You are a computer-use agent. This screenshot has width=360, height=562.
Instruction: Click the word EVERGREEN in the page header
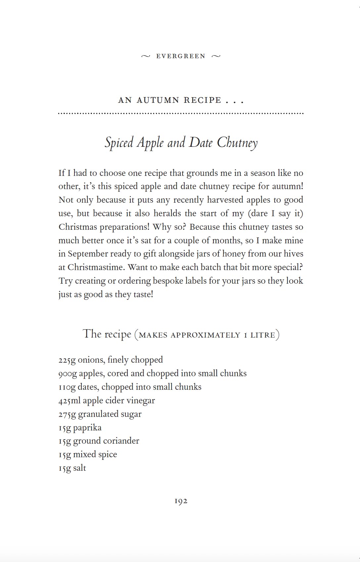(x=181, y=56)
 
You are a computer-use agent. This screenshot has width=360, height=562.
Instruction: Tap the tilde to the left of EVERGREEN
(x=146, y=56)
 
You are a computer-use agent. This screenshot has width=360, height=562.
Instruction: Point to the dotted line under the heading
(x=181, y=113)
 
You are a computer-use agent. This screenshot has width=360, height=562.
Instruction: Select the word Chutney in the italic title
(x=237, y=143)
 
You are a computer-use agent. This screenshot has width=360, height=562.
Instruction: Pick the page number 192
(x=181, y=501)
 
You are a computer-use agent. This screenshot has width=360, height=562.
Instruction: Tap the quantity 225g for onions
(x=67, y=360)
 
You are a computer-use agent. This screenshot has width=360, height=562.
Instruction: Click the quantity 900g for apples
(x=67, y=374)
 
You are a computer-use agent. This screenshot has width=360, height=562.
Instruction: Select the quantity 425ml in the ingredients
(x=69, y=401)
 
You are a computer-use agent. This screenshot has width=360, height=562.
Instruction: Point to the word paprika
(x=87, y=428)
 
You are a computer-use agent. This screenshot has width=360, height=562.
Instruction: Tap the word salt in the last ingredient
(x=79, y=468)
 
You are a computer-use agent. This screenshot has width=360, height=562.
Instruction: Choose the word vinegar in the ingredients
(x=142, y=401)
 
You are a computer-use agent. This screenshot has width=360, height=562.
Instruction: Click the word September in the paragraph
(x=88, y=254)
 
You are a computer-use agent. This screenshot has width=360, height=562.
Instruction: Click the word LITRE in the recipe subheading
(x=263, y=335)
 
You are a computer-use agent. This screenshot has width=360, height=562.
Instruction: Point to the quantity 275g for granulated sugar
(x=67, y=414)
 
